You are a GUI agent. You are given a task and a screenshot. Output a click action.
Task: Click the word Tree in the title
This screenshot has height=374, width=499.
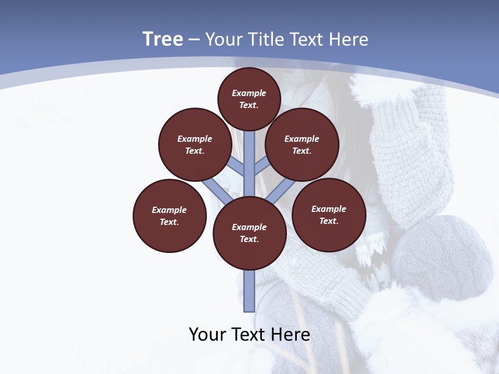point(163,39)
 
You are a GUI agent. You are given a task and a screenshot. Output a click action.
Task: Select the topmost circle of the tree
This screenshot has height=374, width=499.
point(249,99)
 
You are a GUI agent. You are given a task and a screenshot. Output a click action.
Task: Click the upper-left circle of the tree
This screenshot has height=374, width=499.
point(194,144)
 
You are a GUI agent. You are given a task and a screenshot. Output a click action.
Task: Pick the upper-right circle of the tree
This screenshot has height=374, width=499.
point(301,144)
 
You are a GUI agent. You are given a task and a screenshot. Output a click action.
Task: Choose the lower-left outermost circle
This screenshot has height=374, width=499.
point(169,216)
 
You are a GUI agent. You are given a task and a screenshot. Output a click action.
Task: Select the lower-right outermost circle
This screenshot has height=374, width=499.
point(329,215)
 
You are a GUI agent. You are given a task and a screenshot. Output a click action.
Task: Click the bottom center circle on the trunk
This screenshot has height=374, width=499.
point(249,233)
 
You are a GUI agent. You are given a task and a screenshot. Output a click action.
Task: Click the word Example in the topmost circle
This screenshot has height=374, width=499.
point(249,93)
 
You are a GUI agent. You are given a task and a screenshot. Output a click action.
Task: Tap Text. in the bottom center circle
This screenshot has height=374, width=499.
point(249,239)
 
